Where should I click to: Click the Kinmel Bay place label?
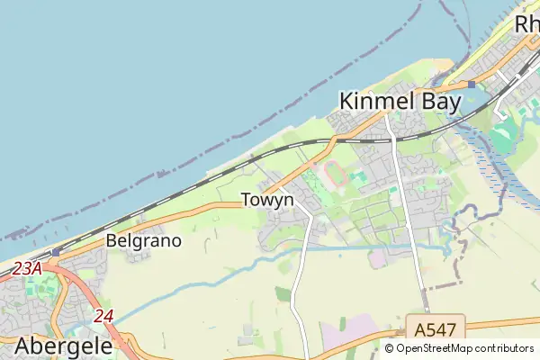pyautogui.click(x=400, y=102)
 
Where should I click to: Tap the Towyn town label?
pyautogui.click(x=267, y=200)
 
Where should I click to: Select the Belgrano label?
pyautogui.click(x=144, y=241)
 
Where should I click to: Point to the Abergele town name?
pyautogui.click(x=63, y=346)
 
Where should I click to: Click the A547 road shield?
pyautogui.click(x=435, y=327)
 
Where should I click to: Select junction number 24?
pyautogui.click(x=103, y=316)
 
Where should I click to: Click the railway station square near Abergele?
pyautogui.click(x=56, y=253)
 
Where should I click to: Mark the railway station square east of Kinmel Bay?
pyautogui.click(x=471, y=85)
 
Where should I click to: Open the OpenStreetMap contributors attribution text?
pyautogui.click(x=466, y=348)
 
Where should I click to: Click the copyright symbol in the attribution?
pyautogui.click(x=390, y=348)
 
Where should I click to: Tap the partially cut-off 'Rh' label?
pyautogui.click(x=526, y=25)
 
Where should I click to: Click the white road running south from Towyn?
pyautogui.click(x=300, y=279)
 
